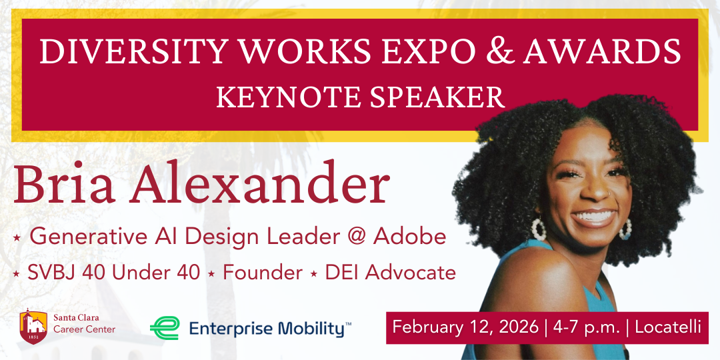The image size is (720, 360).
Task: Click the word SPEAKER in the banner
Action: pyautogui.click(x=439, y=97)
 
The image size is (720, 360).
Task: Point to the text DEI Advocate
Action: pyautogui.click(x=391, y=273)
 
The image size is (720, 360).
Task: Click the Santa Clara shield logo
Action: pyautogui.click(x=33, y=325)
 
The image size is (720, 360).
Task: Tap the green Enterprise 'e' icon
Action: pyautogui.click(x=163, y=328)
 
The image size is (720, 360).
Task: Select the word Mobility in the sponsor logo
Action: pyautogui.click(x=311, y=328)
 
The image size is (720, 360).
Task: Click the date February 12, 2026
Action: pyautogui.click(x=465, y=327)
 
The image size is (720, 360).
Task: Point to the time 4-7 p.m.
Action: pyautogui.click(x=585, y=327)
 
